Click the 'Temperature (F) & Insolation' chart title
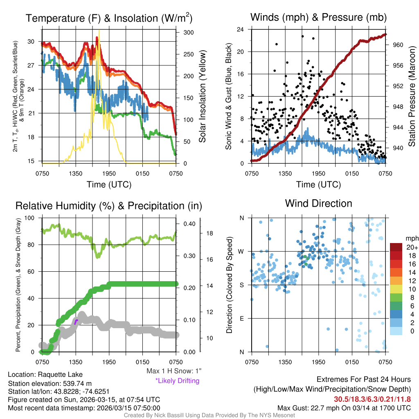pos(109,18)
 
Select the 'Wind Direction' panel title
pos(318,203)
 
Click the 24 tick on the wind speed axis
pos(241,29)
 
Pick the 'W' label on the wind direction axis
pos(241,251)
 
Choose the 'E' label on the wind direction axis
pos(242,318)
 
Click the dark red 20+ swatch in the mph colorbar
pos(396,247)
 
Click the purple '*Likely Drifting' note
pos(177,381)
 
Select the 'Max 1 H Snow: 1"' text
pos(174,372)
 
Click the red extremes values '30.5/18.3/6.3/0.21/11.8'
pos(372,399)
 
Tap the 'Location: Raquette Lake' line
pos(45,374)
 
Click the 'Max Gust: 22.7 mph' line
pos(344,408)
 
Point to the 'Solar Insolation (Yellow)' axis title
pos(202,97)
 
